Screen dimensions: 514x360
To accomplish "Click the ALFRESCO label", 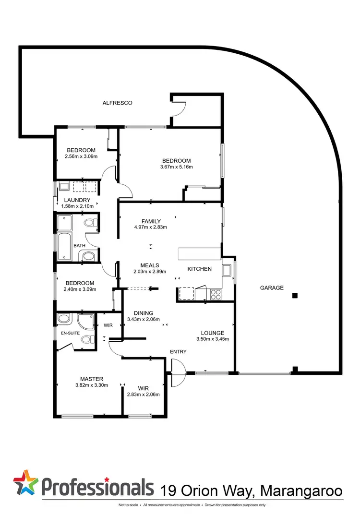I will tap(117, 103).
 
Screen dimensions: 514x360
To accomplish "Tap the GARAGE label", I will tap(272, 288).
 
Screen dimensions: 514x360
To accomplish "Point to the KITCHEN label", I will tap(199, 269).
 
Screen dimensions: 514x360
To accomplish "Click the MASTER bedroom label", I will tap(91, 379).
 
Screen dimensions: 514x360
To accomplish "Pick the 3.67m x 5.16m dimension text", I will tap(176, 167).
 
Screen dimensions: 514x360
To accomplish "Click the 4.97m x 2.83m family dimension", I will tap(151, 227).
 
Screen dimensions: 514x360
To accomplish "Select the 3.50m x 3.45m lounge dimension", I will tap(213, 339).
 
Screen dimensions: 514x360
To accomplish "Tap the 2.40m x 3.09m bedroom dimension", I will tap(80, 289).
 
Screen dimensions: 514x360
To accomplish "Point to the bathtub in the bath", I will tap(64, 240).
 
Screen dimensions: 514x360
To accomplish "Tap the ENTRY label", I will tap(178, 352).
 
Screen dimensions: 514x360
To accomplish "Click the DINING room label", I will tap(143, 313).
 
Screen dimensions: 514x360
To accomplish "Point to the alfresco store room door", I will tap(177, 108).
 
